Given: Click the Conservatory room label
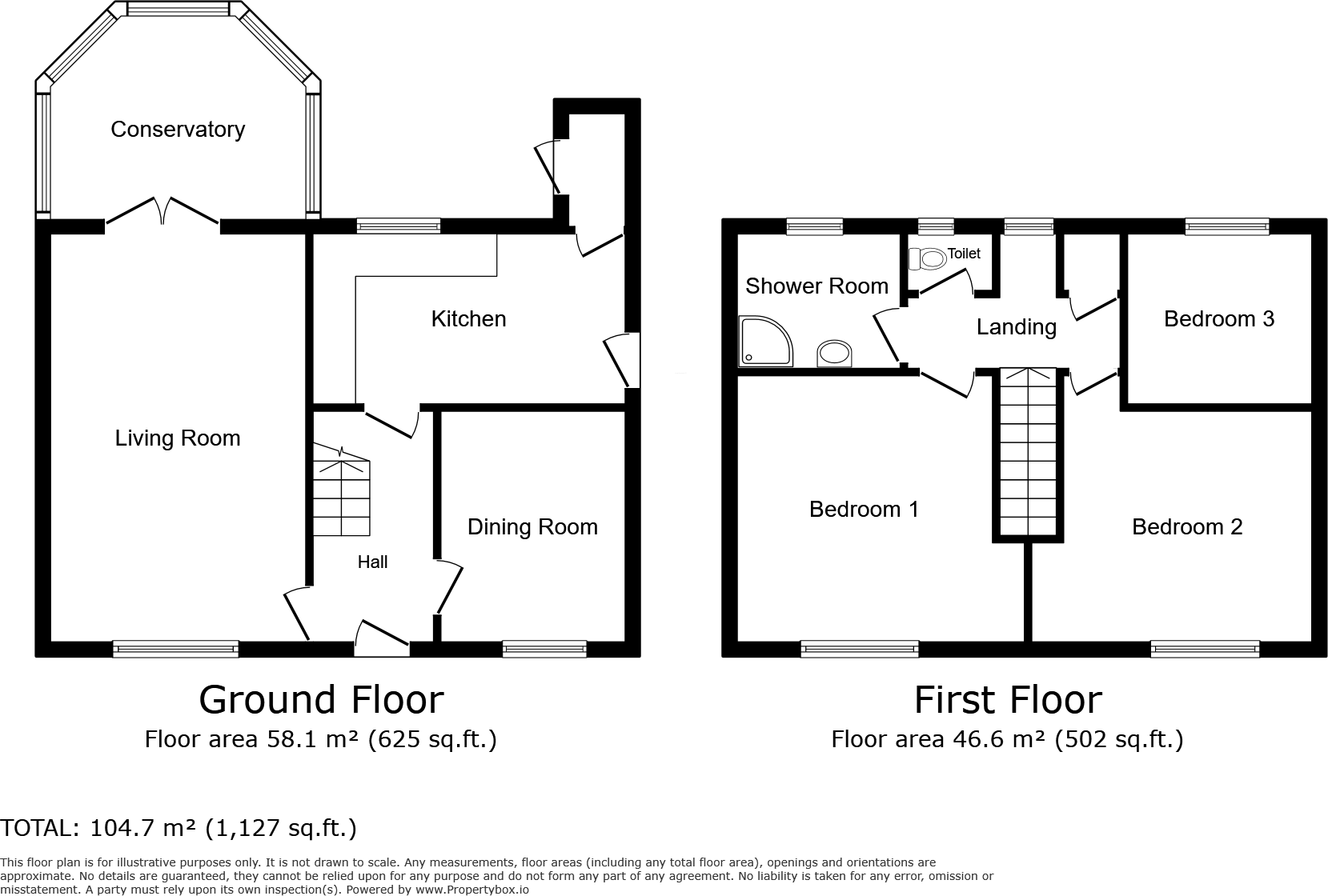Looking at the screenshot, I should (178, 130).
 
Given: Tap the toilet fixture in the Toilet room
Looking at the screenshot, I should (928, 258).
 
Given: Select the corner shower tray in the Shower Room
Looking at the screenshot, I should (765, 342).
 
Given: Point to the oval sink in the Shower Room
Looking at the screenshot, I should (836, 353).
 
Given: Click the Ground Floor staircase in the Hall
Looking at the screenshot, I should (341, 496).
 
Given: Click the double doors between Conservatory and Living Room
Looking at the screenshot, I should (162, 212).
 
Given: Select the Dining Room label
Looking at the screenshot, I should (532, 527).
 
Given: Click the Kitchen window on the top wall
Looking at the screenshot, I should (399, 226).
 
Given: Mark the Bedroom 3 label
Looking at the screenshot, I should (1218, 319).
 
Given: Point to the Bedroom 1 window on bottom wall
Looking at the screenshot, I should (859, 649).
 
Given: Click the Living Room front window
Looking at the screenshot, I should (175, 649).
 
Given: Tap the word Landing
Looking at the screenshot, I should (1016, 327).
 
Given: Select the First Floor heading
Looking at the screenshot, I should (1008, 700).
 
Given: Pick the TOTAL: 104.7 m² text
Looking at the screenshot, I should (178, 828).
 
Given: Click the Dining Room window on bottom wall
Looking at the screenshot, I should (544, 649).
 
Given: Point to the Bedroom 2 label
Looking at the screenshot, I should (1186, 527).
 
